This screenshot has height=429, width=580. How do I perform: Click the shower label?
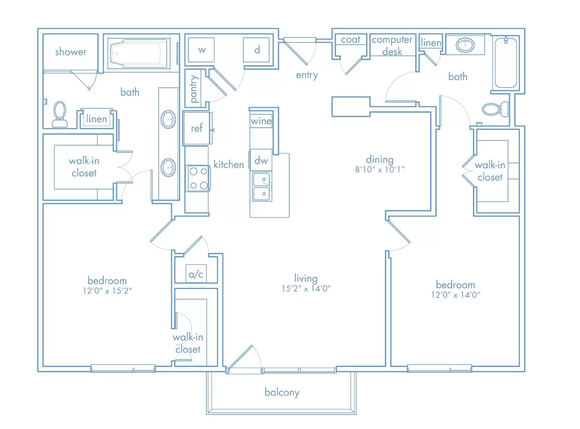point(71,52)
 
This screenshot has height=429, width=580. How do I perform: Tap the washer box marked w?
point(201,50)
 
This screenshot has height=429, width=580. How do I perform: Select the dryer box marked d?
point(256,50)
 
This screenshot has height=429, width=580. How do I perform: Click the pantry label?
point(194,89)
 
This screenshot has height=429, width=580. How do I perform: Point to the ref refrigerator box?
point(197,128)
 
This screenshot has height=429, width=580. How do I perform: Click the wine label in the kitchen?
point(261,121)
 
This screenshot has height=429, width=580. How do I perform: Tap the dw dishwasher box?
point(261,160)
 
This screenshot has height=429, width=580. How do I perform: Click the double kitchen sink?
point(262,187)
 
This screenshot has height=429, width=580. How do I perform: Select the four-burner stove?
point(198,178)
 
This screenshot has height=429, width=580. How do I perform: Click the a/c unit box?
point(196,274)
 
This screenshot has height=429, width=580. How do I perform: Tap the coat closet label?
point(351,40)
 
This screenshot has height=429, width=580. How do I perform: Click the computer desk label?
point(392,46)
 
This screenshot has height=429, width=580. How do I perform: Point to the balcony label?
point(282,392)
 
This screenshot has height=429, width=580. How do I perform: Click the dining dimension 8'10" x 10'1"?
point(380,169)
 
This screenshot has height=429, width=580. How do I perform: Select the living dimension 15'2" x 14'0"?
point(306,288)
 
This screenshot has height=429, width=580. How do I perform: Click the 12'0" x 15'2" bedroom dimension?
point(107,291)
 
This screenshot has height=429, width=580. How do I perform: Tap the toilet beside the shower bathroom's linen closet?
point(59,114)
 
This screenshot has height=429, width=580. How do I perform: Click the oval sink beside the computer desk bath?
point(465,45)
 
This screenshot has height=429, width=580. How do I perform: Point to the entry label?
point(307,75)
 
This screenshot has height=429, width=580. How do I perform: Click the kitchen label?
point(229,164)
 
